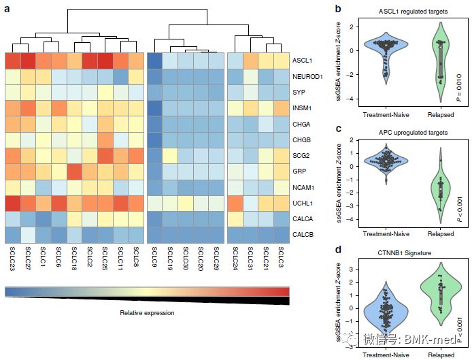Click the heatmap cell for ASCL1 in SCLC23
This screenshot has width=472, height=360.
click(12, 61)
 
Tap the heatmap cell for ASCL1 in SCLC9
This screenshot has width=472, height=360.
click(155, 61)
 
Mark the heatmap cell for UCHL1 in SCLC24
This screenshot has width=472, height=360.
click(235, 203)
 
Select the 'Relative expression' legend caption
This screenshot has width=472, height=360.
click(147, 313)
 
